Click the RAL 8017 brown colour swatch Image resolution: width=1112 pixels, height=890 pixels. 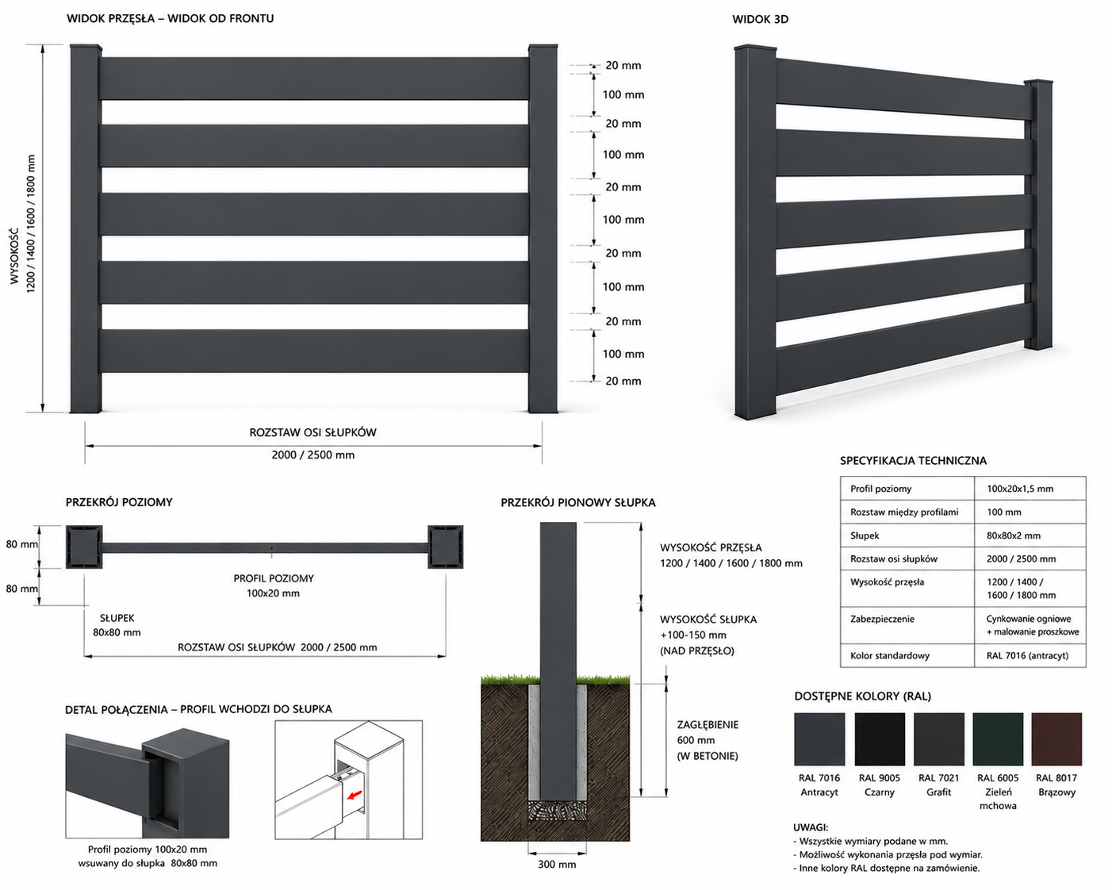coord(1056,739)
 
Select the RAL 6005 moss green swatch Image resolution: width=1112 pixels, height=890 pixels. coord(998,739)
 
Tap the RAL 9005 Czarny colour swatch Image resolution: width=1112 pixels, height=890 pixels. coord(880,739)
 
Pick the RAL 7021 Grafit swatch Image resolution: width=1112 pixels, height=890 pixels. coord(939,739)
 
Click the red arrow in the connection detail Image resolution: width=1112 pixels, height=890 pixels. coord(355,795)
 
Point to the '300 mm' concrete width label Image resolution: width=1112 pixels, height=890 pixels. coord(557,864)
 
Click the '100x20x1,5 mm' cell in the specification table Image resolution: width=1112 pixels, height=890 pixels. coord(1019,489)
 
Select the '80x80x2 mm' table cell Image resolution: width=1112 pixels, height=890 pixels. coord(1014,535)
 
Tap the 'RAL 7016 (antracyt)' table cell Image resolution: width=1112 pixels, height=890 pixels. coord(1027,655)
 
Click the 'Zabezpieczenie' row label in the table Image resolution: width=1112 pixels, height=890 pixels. coord(882,619)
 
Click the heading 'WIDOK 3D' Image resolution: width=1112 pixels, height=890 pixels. coord(760,19)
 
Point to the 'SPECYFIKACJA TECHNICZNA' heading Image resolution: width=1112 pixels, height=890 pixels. coord(913,461)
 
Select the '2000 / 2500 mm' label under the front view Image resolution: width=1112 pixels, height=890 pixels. coord(313,455)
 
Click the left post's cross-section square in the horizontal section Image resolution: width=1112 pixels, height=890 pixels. coord(84,547)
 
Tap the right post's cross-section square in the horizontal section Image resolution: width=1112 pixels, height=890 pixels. coord(446,547)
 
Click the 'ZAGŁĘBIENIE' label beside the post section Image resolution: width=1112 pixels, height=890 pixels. coord(707,724)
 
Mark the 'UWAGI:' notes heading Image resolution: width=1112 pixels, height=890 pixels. coord(811,827)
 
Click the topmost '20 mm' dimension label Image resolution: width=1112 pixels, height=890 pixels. coord(623,66)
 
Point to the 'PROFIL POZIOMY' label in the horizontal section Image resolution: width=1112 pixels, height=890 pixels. coord(274,578)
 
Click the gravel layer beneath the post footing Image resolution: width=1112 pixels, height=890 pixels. coord(557,811)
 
